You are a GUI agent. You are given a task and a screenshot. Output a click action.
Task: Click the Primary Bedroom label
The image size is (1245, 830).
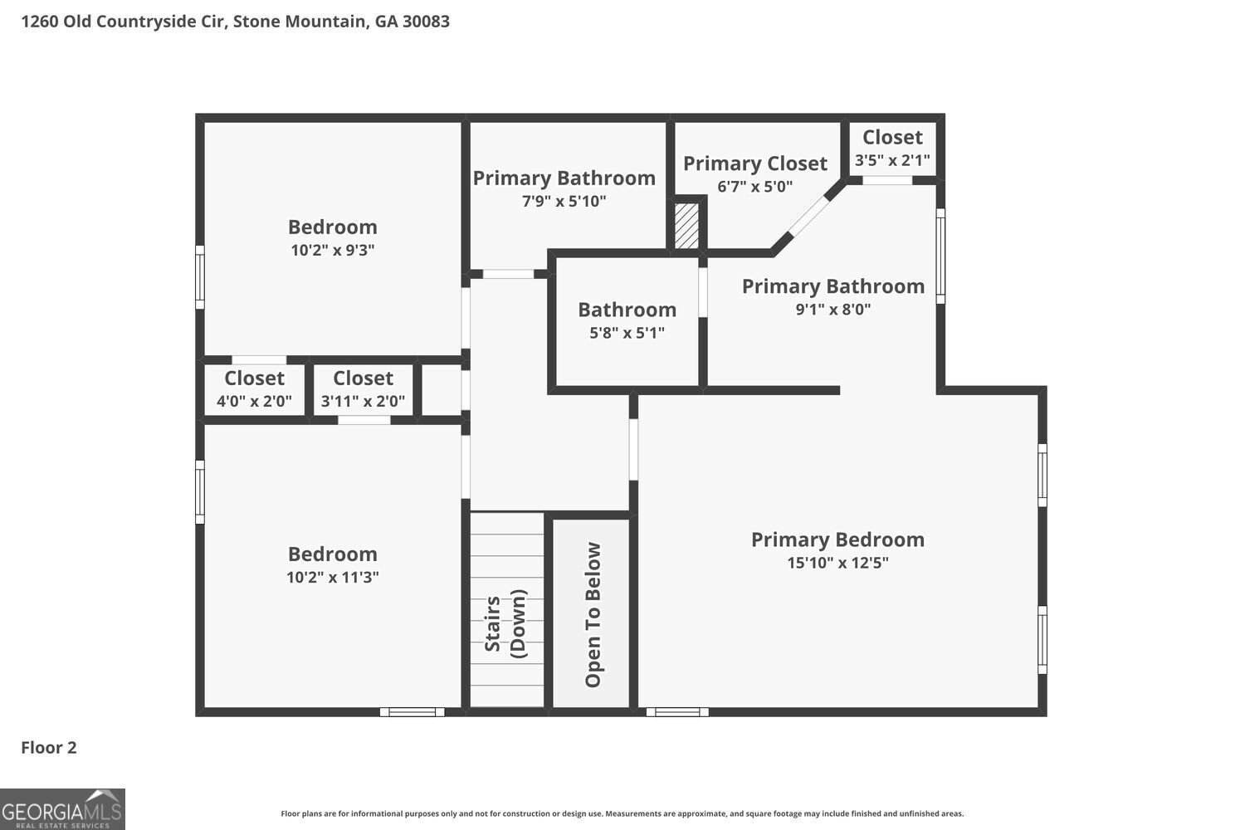(837, 539)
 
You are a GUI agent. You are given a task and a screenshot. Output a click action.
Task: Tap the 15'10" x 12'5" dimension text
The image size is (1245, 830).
(837, 563)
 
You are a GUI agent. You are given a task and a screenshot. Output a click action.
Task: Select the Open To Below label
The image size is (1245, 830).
(593, 615)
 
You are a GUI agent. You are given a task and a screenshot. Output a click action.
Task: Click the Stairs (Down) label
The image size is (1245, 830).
(505, 623)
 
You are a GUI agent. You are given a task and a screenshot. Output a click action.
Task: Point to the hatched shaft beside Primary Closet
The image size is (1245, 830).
(686, 226)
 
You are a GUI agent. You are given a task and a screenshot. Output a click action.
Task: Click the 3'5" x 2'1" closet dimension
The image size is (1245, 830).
(892, 161)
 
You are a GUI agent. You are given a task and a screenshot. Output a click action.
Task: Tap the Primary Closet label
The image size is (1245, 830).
(754, 164)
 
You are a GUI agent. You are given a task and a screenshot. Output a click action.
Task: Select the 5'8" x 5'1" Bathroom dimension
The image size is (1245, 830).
(627, 333)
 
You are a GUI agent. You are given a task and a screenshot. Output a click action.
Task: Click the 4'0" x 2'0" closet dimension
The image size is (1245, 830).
(254, 401)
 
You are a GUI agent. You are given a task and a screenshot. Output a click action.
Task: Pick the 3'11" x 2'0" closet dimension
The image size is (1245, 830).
(363, 401)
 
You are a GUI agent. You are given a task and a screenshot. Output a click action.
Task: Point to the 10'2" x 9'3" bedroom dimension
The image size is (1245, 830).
(332, 250)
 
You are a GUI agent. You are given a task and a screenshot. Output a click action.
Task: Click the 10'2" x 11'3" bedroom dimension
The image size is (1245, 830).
(332, 577)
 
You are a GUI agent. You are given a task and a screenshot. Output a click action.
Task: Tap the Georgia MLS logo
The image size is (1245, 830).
(62, 809)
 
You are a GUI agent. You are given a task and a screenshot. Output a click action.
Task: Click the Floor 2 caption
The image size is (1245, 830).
(49, 747)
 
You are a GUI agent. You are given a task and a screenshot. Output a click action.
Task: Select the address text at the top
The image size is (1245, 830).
(235, 22)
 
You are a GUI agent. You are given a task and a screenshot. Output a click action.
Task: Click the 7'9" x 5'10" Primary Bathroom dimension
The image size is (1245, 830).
(564, 201)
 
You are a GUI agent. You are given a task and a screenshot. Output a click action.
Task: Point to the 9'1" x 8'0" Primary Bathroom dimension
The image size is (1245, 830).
(832, 309)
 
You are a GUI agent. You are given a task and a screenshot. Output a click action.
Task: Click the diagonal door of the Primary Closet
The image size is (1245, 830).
(808, 216)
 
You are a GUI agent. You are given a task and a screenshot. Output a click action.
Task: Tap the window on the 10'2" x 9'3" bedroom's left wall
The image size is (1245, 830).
(199, 277)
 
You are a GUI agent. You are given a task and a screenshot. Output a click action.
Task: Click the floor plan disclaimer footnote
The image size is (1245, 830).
(622, 813)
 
